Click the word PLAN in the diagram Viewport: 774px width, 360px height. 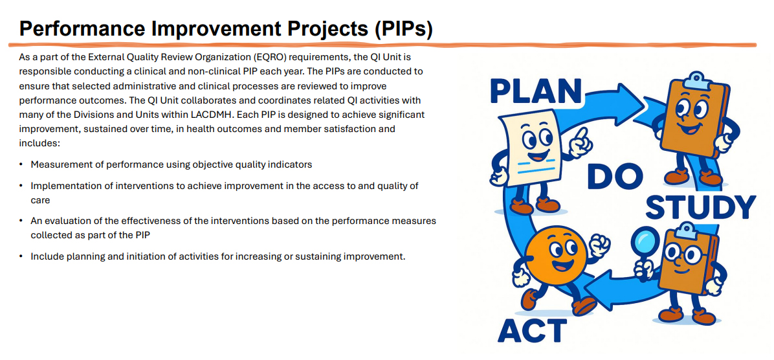click(x=535, y=91)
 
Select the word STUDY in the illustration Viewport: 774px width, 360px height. click(x=700, y=207)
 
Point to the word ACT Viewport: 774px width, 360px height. click(x=532, y=330)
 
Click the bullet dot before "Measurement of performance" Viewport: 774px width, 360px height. click(x=22, y=165)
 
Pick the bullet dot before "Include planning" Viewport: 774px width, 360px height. click(x=22, y=256)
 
